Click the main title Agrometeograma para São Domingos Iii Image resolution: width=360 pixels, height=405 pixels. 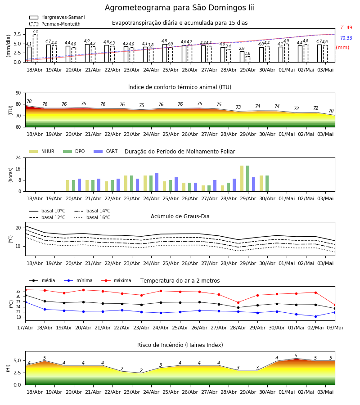[180, 8]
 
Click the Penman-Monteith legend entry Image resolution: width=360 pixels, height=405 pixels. [55, 24]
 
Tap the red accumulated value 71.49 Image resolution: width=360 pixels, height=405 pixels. [346, 27]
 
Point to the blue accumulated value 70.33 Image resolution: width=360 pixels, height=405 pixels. [346, 38]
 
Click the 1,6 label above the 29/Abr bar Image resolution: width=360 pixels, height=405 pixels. [247, 54]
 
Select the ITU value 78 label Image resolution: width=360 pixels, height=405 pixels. [29, 102]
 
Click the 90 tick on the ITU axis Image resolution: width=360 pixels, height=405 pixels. [18, 93]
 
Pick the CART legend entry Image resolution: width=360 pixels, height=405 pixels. [105, 151]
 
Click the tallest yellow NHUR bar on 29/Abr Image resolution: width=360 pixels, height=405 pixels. [242, 179]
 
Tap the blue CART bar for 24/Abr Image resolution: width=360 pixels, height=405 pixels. [157, 182]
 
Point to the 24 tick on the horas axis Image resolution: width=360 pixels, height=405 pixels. [18, 157]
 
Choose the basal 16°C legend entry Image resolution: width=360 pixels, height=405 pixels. [92, 217]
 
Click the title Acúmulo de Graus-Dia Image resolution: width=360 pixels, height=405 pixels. [180, 216]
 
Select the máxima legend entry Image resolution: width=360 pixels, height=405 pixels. [116, 280]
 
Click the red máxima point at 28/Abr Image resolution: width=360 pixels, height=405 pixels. [238, 302]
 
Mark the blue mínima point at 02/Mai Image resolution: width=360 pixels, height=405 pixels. [315, 316]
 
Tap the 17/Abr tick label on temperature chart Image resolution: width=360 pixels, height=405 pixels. [25, 328]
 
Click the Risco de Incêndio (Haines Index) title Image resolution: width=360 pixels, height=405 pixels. [180, 345]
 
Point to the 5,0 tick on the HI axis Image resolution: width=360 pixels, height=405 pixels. [18, 361]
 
